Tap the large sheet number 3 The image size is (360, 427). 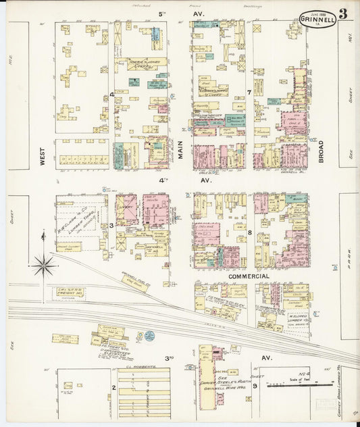[344, 13]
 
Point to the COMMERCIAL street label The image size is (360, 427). [248, 276]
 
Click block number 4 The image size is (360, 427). [112, 94]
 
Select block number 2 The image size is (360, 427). [113, 388]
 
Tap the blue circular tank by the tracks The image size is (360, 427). [149, 336]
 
